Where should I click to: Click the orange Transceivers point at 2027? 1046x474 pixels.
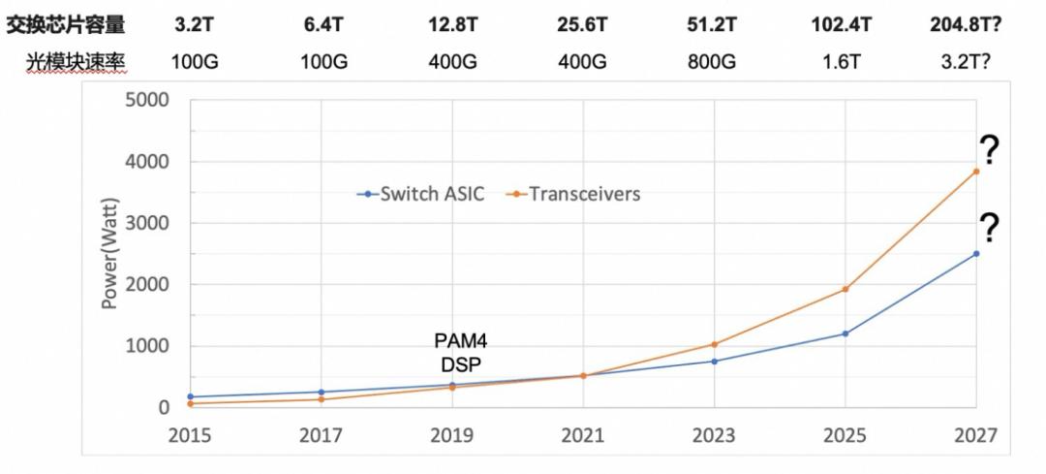click(x=976, y=172)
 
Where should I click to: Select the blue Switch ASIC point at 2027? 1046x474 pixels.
click(x=976, y=254)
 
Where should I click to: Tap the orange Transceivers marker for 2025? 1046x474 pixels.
click(x=846, y=289)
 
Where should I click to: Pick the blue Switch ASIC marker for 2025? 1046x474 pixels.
click(x=846, y=333)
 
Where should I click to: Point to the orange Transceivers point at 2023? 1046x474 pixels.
click(x=715, y=344)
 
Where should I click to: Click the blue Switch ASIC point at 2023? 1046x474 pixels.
click(x=715, y=362)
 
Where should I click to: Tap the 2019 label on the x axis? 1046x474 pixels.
click(x=452, y=435)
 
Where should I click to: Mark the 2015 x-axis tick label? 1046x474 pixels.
click(x=191, y=435)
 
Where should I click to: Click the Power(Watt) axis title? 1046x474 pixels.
click(x=110, y=254)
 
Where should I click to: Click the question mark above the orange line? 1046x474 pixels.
click(x=988, y=150)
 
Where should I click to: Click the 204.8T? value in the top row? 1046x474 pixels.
click(x=974, y=24)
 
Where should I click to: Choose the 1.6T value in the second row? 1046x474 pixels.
click(x=846, y=62)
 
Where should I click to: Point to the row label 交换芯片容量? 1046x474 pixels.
click(x=67, y=24)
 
